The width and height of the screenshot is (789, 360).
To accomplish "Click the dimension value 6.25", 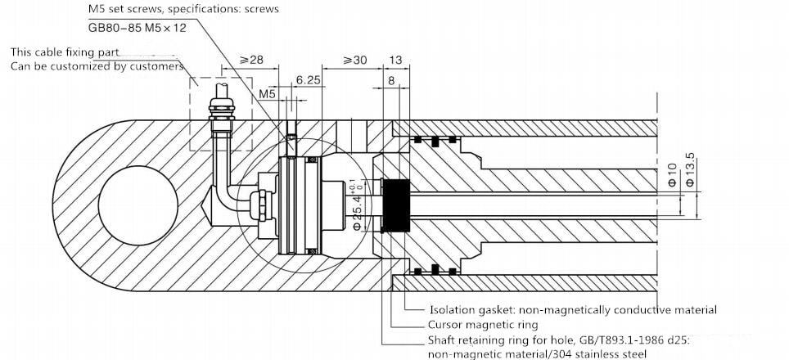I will [x=307, y=80].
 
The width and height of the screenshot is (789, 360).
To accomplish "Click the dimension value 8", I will [x=392, y=80].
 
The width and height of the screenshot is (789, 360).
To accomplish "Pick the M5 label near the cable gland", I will [x=268, y=94].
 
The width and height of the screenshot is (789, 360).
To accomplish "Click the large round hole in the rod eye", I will [x=138, y=202].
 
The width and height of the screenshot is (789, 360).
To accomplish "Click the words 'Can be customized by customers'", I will [x=97, y=66].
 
